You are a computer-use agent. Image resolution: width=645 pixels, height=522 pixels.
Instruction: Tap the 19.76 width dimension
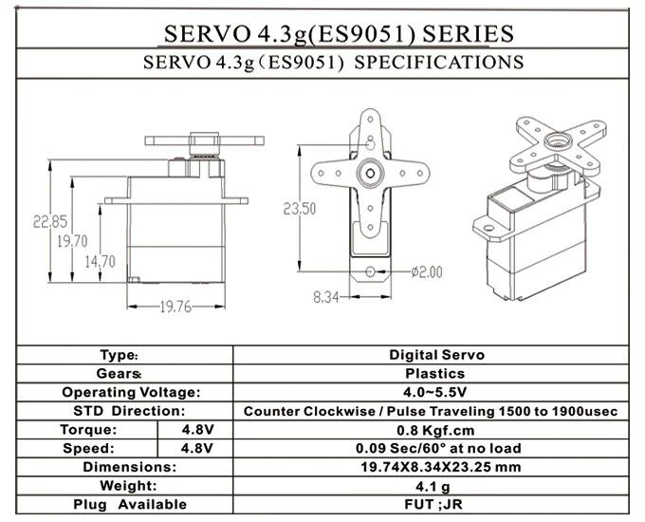coord(175,306)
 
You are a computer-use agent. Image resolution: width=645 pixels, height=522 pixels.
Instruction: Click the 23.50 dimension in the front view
coord(300,209)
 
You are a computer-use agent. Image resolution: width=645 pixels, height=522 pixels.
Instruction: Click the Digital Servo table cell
coord(436,355)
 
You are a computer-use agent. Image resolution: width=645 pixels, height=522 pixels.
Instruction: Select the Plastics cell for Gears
coord(436,374)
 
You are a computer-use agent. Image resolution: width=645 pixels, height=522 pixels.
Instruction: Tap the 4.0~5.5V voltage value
coord(436,392)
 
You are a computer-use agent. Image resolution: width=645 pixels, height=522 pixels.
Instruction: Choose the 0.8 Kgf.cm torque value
coord(436,429)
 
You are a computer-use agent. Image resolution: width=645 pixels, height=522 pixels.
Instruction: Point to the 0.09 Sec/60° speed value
coord(436,448)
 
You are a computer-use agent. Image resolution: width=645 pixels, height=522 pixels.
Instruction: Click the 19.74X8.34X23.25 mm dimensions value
coord(436,467)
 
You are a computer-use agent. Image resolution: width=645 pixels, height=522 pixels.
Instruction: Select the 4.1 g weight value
coord(436,485)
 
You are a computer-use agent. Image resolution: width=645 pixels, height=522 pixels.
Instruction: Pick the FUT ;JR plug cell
coord(436,504)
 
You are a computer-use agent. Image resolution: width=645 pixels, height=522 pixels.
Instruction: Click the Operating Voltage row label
coord(131,392)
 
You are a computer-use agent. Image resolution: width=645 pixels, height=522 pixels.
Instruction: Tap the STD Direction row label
coord(128,411)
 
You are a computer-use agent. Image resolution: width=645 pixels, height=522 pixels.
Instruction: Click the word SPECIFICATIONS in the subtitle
coord(438,63)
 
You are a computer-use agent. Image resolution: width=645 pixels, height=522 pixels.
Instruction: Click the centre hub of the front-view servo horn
coord(369,174)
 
